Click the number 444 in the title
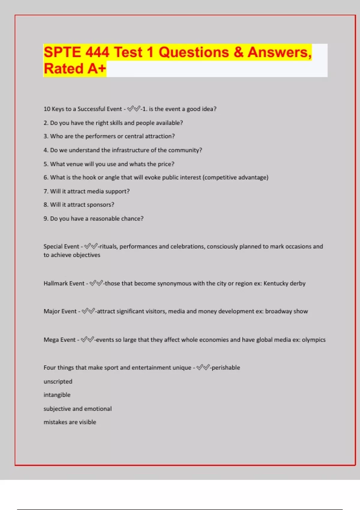97,52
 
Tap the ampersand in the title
238,52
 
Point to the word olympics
313,340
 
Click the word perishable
226,367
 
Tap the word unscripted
58,382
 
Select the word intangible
57,395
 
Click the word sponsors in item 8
100,205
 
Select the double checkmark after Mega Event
87,340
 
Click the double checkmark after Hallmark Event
96,283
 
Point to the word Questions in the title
194,52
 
